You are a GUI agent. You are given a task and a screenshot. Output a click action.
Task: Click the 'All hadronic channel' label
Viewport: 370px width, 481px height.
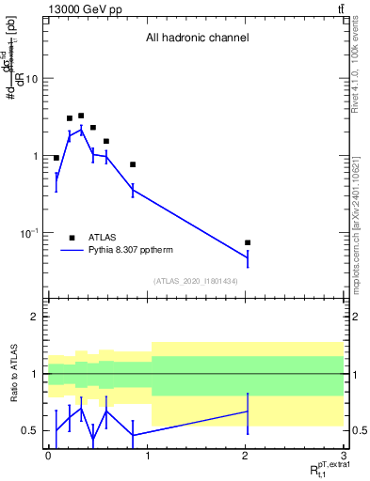coord(197,39)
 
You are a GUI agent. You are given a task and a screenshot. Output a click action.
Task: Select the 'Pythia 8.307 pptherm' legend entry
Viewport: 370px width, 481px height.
coord(118,250)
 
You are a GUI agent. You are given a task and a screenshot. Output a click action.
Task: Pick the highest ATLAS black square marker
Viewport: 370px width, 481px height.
coord(81,116)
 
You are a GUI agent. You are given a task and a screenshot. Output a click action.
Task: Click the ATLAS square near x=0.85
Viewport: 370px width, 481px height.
coord(133,164)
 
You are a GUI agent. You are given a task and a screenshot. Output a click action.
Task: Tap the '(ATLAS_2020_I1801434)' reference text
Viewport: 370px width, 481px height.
coord(196,281)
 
